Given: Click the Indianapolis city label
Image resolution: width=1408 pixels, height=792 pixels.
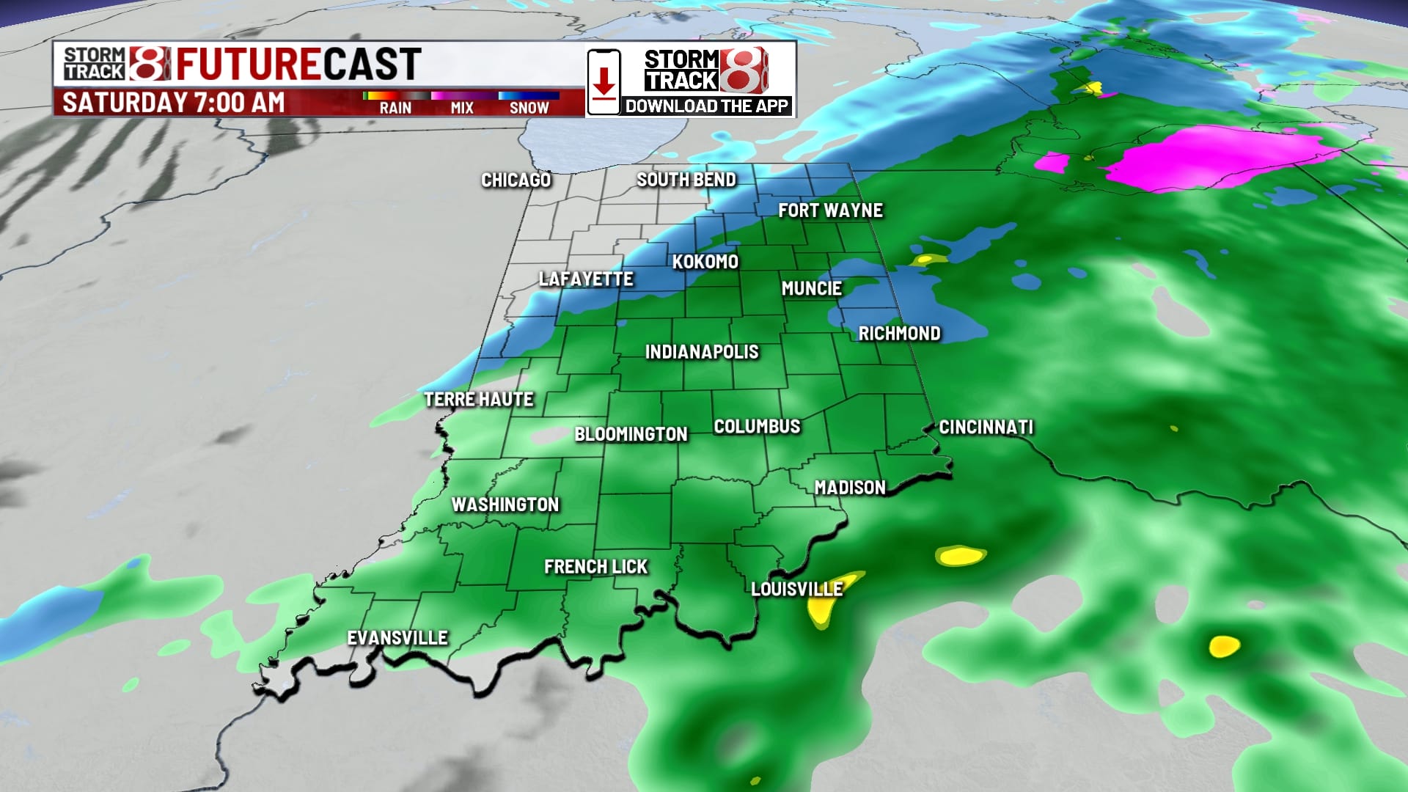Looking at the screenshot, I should [702, 352].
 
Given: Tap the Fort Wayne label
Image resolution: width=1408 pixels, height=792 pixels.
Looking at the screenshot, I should [830, 210].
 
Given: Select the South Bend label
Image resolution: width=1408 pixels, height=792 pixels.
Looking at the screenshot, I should [686, 180].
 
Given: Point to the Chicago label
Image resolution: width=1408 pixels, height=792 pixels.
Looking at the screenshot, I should [516, 180].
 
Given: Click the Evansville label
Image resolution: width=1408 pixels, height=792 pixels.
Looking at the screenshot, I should [397, 638].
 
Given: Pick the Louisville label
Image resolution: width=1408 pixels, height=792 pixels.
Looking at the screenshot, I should [796, 590].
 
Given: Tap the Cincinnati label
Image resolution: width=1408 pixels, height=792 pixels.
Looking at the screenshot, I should [986, 428].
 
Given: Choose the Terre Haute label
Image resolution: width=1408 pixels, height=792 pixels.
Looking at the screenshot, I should [479, 400].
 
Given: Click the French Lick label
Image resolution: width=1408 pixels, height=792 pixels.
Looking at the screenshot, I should [595, 567].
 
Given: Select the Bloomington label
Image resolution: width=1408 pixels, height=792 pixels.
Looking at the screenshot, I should [631, 434].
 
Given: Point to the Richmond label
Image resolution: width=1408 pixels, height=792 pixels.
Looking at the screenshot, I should [899, 334].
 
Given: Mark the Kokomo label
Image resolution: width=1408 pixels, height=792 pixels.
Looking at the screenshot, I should [705, 262].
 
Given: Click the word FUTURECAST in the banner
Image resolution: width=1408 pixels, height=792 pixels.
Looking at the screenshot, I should [298, 64].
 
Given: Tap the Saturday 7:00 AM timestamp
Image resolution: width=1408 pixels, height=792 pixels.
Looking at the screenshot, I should [173, 103].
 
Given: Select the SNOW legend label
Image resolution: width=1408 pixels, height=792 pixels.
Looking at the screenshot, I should [529, 108].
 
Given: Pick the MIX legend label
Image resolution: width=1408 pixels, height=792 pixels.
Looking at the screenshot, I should [462, 108].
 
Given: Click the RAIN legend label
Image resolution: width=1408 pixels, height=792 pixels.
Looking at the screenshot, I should [395, 108].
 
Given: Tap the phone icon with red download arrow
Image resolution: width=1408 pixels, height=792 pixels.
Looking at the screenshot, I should [604, 81].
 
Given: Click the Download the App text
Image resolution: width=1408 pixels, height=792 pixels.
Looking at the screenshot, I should [706, 106].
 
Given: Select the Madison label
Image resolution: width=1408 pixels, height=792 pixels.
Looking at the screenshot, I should [850, 488].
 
